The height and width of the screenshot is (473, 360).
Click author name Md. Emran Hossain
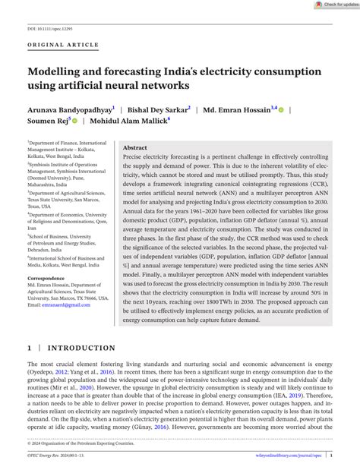point(237,109)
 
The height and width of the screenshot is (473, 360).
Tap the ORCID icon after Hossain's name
point(280,109)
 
